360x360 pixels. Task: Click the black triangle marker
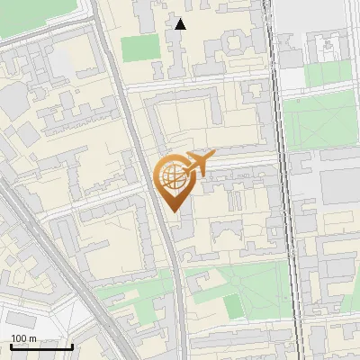[181, 24]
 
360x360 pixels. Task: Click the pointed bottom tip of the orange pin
[174, 211]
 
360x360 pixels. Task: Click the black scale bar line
[40, 346]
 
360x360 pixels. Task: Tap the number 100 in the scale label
[17, 338]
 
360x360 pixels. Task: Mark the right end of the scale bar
[72, 346]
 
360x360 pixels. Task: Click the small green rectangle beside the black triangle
[139, 48]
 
